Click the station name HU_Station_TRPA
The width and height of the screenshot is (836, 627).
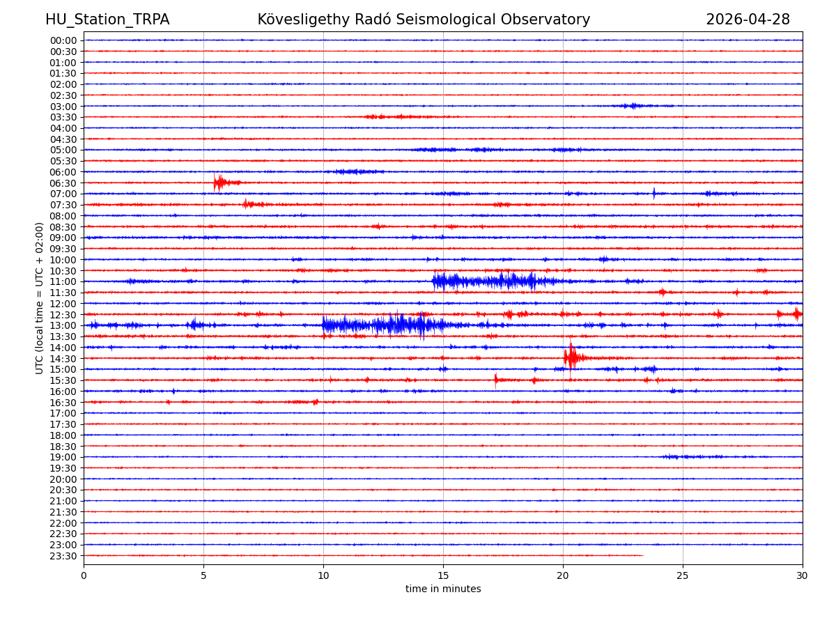pos(107,20)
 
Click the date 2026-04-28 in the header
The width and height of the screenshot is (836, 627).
pos(748,20)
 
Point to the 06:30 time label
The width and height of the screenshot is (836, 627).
pos(63,183)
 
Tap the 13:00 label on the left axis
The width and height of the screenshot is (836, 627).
pos(63,326)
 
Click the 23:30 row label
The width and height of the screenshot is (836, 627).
pos(63,556)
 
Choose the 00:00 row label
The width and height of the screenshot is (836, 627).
pos(63,40)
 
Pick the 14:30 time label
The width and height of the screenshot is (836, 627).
pos(63,359)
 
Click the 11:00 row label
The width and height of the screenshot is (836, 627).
pos(63,282)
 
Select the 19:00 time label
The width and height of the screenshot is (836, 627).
pos(63,458)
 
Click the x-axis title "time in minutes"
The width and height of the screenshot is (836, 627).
pos(443,589)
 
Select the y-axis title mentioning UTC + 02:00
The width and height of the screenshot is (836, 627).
pos(40,298)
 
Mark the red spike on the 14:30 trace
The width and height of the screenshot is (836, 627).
pos(571,357)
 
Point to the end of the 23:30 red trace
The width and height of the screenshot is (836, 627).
pos(643,555)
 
